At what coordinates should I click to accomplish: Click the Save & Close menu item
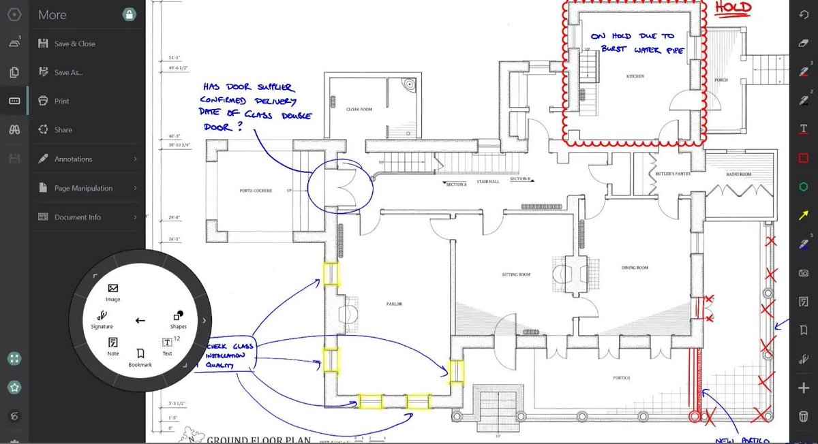(x=74, y=44)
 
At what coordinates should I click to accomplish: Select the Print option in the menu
(x=61, y=101)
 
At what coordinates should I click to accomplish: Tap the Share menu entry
(x=63, y=129)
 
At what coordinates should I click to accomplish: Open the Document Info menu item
(x=77, y=217)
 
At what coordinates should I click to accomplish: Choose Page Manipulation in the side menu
(x=83, y=188)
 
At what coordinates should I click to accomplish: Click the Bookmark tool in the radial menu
(x=140, y=357)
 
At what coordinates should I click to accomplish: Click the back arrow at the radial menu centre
(x=140, y=320)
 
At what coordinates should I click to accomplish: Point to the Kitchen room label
(x=635, y=76)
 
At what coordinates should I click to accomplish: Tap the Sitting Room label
(x=515, y=274)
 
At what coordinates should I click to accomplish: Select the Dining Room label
(x=634, y=268)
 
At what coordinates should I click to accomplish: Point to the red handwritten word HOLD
(x=733, y=9)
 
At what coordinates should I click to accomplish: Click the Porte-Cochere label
(x=256, y=191)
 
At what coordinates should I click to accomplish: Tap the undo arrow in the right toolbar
(x=804, y=14)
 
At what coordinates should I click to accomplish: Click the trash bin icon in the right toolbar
(x=804, y=417)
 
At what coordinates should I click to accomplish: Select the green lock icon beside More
(x=129, y=14)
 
